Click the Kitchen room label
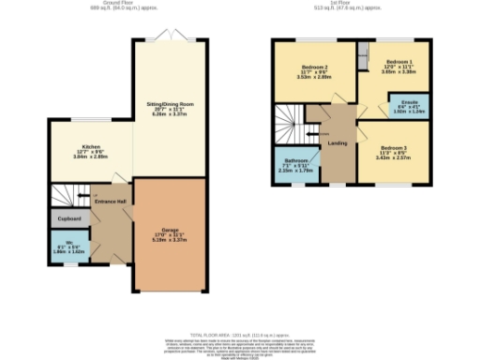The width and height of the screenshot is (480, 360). pyautogui.click(x=91, y=147)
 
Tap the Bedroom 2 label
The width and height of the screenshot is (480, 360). pyautogui.click(x=315, y=67)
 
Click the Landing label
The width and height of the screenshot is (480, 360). pyautogui.click(x=338, y=143)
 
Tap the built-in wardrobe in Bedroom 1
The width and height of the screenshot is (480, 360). pyautogui.click(x=362, y=51)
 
